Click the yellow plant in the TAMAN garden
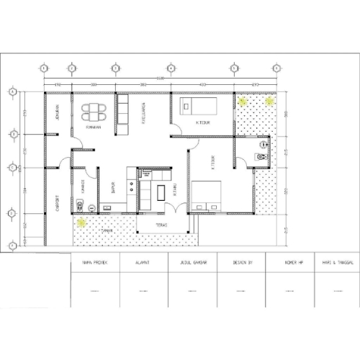(x=82, y=222)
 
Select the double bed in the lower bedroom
(x=209, y=194)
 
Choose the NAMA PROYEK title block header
(x=95, y=264)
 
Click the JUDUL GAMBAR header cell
(x=192, y=264)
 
